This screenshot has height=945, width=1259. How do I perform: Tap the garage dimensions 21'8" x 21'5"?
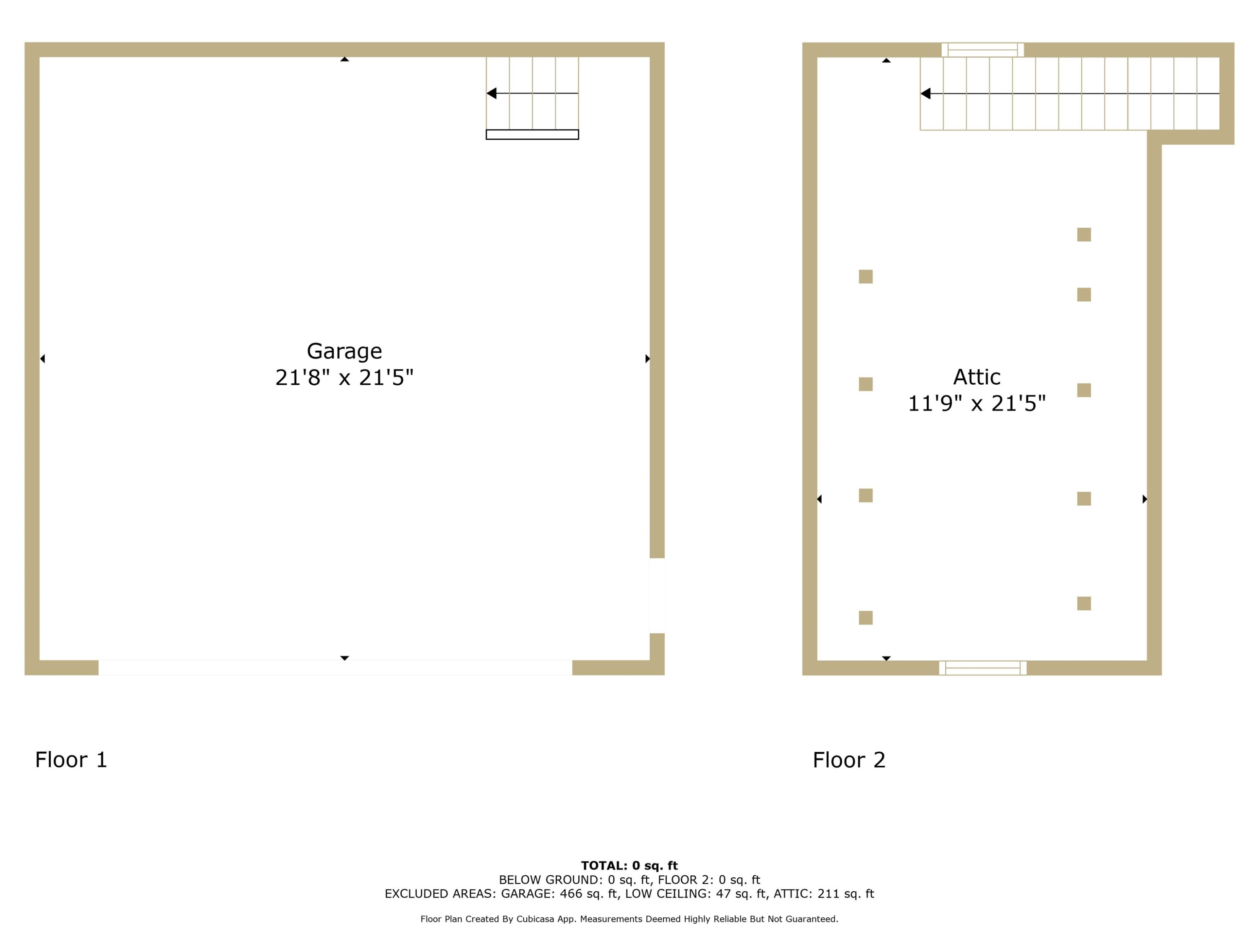pos(345,378)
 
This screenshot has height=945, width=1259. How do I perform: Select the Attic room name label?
pos(977,377)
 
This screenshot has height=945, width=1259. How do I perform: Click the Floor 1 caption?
pos(71,760)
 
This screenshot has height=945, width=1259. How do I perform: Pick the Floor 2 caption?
pos(849,760)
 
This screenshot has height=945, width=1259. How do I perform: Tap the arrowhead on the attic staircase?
pos(925,93)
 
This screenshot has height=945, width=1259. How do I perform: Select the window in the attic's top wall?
pos(983,50)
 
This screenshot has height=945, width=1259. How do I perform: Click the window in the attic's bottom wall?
pos(983,668)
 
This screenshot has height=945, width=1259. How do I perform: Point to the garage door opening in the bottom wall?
pos(335,668)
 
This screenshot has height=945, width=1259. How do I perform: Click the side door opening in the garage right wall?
pos(657,596)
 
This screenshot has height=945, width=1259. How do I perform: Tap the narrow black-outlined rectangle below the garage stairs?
pos(532,135)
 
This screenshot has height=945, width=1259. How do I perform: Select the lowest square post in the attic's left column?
pos(866,618)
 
